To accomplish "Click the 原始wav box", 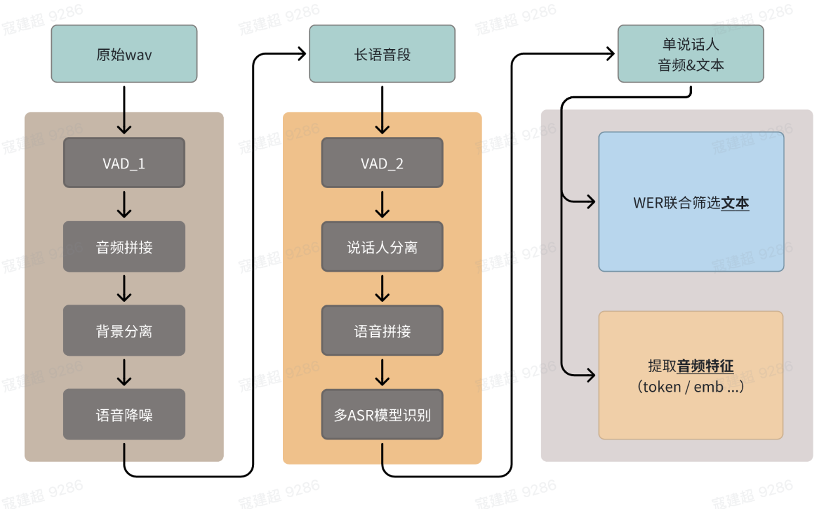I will (124, 54).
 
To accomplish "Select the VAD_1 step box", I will (124, 162).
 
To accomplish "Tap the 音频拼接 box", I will (124, 247).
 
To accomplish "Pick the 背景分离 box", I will (124, 331).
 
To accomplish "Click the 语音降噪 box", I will (124, 415).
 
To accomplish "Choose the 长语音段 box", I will (382, 54).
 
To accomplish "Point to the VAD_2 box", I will (382, 162).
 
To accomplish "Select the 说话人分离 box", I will (382, 247).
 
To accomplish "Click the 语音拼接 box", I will (382, 331).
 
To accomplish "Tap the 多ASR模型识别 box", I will (382, 415).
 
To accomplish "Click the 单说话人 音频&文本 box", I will (691, 54).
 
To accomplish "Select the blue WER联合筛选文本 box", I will (691, 202).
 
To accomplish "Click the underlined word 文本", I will (735, 203).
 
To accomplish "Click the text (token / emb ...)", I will (691, 386).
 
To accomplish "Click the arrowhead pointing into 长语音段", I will (302, 54).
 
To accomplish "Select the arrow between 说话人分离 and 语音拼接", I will (382, 288).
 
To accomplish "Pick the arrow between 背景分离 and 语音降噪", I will (124, 372).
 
